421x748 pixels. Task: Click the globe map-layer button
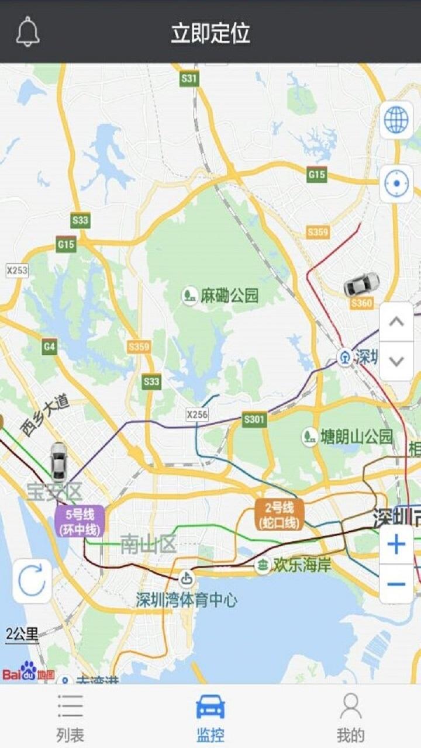click(x=396, y=120)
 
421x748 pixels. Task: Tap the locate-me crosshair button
click(x=396, y=183)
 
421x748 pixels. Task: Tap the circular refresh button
click(x=32, y=581)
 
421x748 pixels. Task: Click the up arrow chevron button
click(x=396, y=321)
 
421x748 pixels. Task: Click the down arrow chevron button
click(x=396, y=361)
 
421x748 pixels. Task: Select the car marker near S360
click(x=361, y=285)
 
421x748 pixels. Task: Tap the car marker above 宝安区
click(x=58, y=461)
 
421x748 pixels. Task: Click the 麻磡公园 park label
click(x=221, y=295)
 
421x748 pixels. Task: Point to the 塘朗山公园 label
click(x=349, y=436)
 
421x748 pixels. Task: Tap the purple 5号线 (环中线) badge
click(x=80, y=521)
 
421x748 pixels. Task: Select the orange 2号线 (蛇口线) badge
click(x=279, y=514)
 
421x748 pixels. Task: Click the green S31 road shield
click(x=189, y=78)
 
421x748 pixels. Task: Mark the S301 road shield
click(x=254, y=419)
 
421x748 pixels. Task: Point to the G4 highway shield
click(x=50, y=347)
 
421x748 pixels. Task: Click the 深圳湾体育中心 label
click(x=187, y=599)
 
